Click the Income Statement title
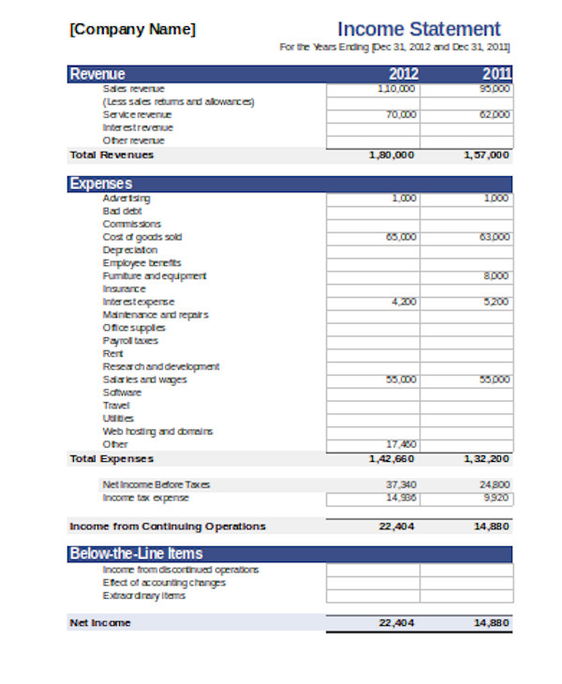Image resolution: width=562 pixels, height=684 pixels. pyautogui.click(x=418, y=29)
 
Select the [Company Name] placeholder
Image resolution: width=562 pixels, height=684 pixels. pyautogui.click(x=133, y=29)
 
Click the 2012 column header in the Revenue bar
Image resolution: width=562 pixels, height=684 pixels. pyautogui.click(x=403, y=74)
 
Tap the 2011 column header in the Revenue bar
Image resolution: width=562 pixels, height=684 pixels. pyautogui.click(x=496, y=74)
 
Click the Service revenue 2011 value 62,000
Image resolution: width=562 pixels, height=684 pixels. pyautogui.click(x=495, y=114)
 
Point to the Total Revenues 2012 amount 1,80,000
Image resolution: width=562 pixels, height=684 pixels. pyautogui.click(x=392, y=155)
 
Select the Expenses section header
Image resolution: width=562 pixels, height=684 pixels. pyautogui.click(x=101, y=184)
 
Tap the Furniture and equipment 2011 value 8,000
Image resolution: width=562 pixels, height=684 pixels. pyautogui.click(x=496, y=276)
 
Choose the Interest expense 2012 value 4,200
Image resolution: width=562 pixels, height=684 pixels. pyautogui.click(x=403, y=302)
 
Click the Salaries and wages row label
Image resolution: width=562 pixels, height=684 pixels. pyautogui.click(x=144, y=379)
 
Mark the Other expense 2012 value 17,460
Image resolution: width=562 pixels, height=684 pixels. pyautogui.click(x=401, y=444)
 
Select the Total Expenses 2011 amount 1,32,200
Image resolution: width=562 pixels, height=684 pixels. pyautogui.click(x=487, y=459)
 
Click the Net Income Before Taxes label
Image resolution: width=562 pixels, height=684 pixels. pyautogui.click(x=156, y=484)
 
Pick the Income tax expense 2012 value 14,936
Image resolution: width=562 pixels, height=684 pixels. pyautogui.click(x=401, y=498)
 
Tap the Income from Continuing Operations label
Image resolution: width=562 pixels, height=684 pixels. pyautogui.click(x=168, y=527)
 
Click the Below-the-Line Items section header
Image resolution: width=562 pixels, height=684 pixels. pyautogui.click(x=137, y=554)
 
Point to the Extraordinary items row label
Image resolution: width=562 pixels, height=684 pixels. pyautogui.click(x=143, y=596)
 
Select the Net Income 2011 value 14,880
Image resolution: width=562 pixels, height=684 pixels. pyautogui.click(x=492, y=622)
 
